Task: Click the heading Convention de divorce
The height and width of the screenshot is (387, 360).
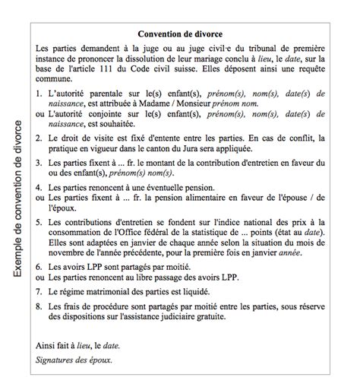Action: pos(185,33)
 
